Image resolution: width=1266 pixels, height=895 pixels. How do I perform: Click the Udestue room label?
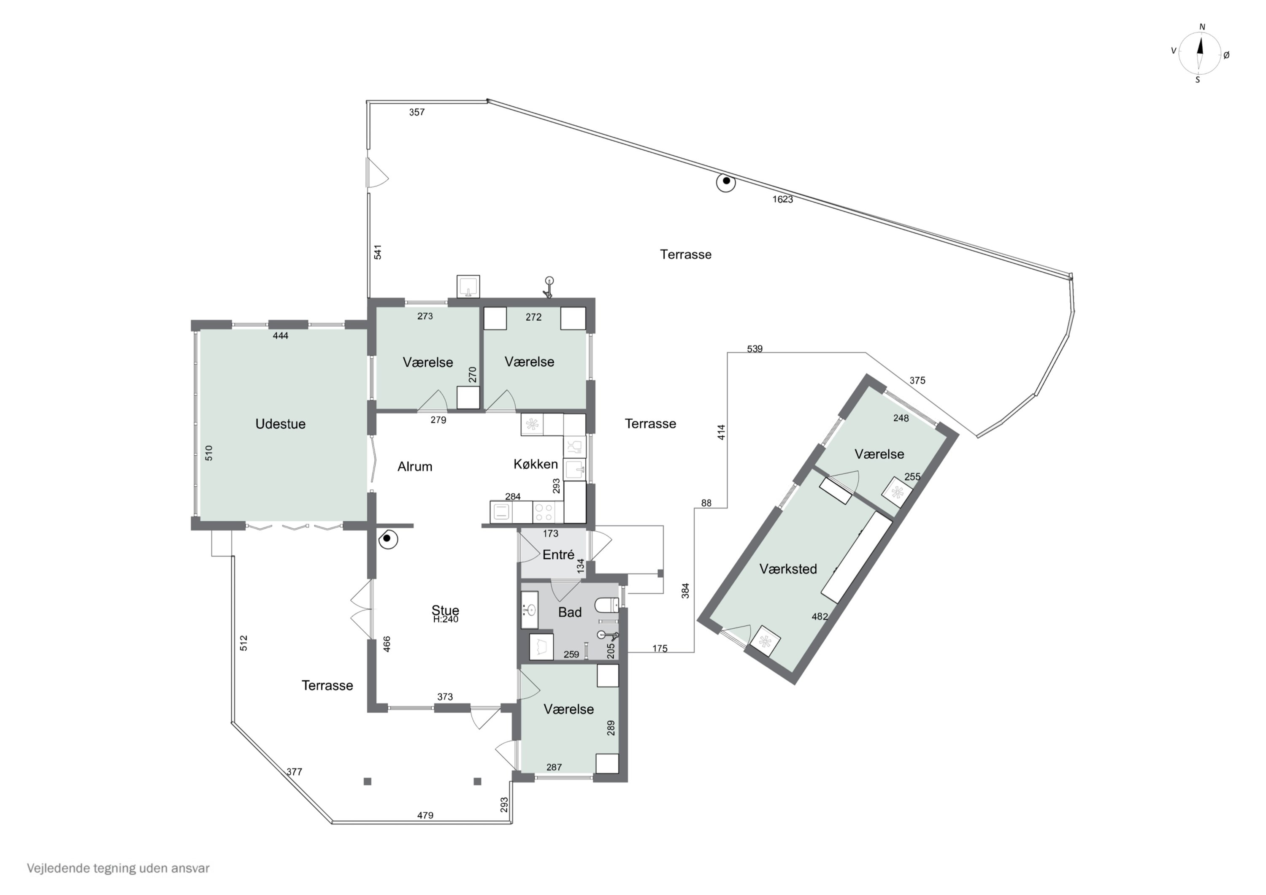point(280,424)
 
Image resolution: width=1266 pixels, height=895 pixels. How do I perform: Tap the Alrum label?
point(415,467)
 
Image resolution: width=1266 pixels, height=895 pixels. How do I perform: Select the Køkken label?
point(536,464)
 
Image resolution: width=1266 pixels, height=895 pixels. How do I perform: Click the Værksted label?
point(788,569)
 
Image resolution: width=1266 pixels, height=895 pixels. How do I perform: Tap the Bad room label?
point(570,612)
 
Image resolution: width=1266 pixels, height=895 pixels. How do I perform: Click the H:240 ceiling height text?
point(446,619)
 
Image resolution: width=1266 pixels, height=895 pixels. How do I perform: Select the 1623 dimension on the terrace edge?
point(782,200)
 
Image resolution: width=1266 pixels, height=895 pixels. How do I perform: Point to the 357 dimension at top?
point(417,113)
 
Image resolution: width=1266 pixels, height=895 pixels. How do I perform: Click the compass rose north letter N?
point(1203,27)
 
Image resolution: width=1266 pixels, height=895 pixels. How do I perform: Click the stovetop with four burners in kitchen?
point(545,512)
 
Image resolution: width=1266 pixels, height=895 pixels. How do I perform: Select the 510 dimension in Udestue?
point(209,453)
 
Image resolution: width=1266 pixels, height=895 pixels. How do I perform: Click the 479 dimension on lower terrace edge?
point(425,815)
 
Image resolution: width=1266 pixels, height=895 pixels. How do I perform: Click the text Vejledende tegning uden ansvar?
point(118,868)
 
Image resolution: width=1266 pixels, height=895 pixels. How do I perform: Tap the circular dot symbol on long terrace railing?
point(726,181)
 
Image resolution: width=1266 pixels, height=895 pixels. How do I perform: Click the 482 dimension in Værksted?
point(820,616)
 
